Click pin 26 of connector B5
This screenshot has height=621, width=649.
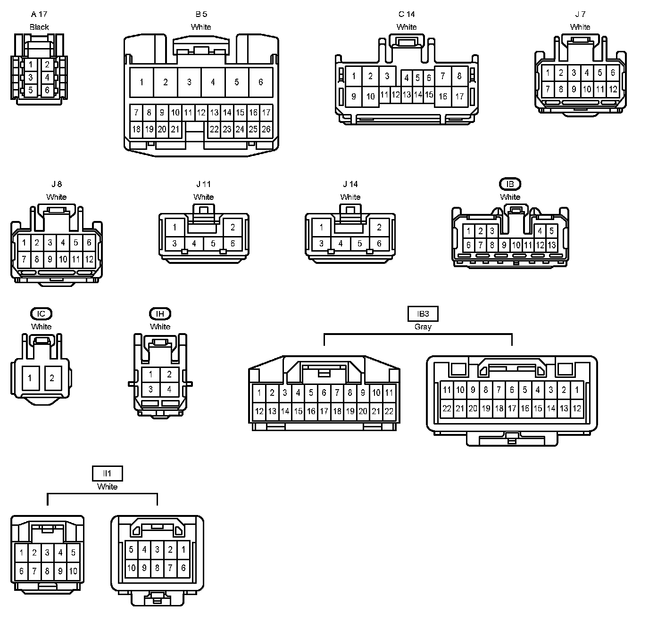pyautogui.click(x=266, y=129)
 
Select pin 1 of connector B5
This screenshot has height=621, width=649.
pyautogui.click(x=141, y=82)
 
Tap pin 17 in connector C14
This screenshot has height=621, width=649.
pyautogui.click(x=459, y=97)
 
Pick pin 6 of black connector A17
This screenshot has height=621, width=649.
pyautogui.click(x=47, y=90)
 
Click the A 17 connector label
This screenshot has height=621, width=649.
pyautogui.click(x=39, y=14)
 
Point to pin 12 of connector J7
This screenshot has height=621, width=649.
pyautogui.click(x=613, y=89)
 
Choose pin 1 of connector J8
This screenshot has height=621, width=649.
pyautogui.click(x=24, y=243)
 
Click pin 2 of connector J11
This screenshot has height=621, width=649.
pyautogui.click(x=233, y=227)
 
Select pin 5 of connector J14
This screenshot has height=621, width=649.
pyautogui.click(x=360, y=244)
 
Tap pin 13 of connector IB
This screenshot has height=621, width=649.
pyautogui.click(x=552, y=245)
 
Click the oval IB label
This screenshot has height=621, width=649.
pyautogui.click(x=510, y=184)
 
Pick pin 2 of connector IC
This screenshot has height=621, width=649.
pyautogui.click(x=52, y=378)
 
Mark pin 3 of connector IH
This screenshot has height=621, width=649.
pyautogui.click(x=150, y=390)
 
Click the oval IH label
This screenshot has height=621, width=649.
pyautogui.click(x=160, y=314)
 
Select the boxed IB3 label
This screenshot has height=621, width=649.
pyautogui.click(x=423, y=314)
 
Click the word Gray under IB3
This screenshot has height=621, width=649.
pyautogui.click(x=423, y=327)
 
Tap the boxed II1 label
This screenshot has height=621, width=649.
pyautogui.click(x=107, y=473)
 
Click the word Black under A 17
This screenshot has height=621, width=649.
pyautogui.click(x=39, y=27)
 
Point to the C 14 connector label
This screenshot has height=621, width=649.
pyautogui.click(x=407, y=14)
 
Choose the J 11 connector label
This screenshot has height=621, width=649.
pyautogui.click(x=204, y=184)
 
